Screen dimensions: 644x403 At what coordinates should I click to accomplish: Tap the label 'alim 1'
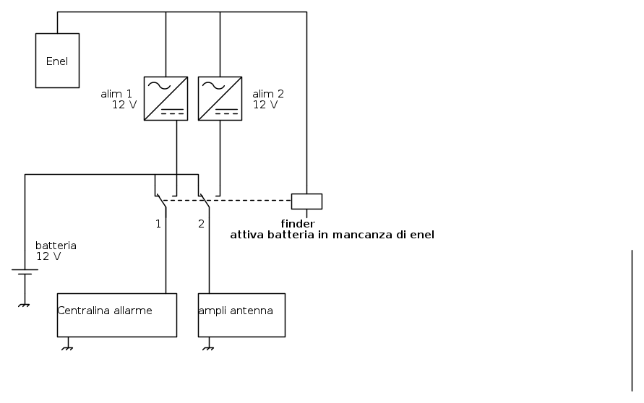tap(116, 94)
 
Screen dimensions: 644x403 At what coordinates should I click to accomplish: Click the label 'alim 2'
tap(268, 94)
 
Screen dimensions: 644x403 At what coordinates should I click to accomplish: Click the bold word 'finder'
tap(298, 224)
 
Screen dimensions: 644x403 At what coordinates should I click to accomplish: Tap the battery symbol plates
tap(25, 272)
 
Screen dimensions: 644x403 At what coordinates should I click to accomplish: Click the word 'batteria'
tap(56, 246)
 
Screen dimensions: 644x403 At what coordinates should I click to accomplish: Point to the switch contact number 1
tap(158, 224)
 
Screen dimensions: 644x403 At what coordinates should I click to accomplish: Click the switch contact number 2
tap(201, 224)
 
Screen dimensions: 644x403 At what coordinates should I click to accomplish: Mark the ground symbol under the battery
tap(25, 305)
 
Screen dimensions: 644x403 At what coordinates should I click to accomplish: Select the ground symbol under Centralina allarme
tap(67, 349)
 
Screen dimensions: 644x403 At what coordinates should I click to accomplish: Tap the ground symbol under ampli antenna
tap(209, 349)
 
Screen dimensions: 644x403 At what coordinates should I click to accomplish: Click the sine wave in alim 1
tap(159, 86)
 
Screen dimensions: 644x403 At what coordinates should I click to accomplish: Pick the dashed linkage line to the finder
tap(227, 200)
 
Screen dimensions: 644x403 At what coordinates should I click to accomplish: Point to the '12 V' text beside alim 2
tap(265, 105)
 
